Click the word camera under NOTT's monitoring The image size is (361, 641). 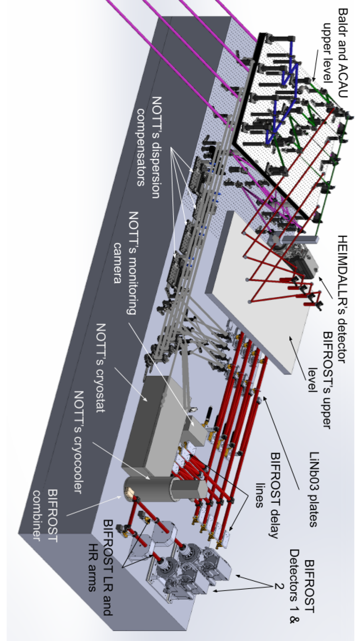click(x=117, y=263)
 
